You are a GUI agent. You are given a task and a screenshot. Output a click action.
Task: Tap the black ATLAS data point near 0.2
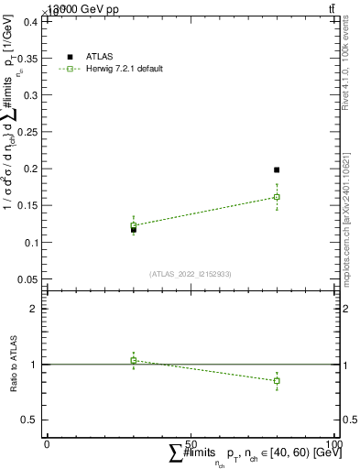(x=277, y=169)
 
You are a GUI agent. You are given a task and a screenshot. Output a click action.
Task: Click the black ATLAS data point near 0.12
(x=134, y=229)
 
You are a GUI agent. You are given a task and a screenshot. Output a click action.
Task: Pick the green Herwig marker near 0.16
(x=277, y=197)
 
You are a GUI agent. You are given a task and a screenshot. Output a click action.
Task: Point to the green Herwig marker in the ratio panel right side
(x=277, y=380)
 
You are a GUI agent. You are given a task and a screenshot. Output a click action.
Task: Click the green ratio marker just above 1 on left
(x=134, y=360)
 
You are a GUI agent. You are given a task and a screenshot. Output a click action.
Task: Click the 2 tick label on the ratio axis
(x=34, y=309)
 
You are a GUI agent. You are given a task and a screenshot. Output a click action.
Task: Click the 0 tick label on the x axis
(x=47, y=443)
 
